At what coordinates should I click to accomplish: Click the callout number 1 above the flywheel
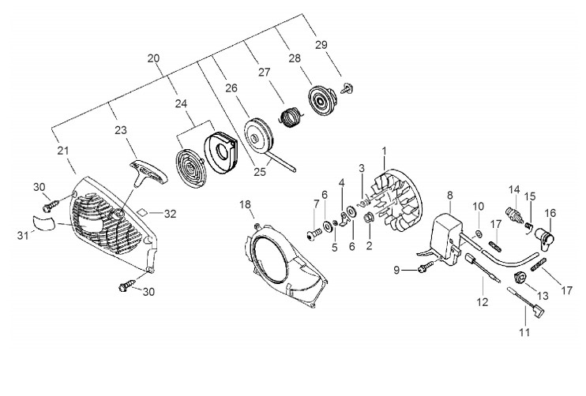384,150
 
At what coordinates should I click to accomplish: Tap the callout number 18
246,204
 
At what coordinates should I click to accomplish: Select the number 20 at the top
153,58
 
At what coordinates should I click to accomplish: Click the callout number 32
171,213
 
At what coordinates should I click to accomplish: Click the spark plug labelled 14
513,214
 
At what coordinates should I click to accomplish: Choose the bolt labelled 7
314,232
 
